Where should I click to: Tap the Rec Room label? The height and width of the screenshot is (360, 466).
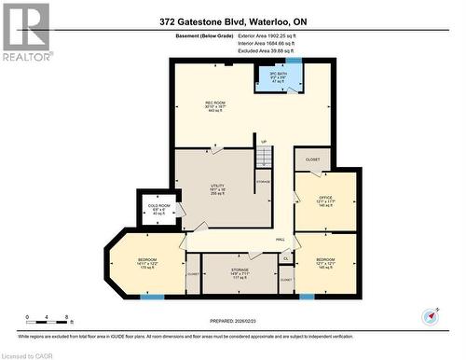pos(216,105)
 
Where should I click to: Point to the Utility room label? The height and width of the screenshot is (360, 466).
pos(216,189)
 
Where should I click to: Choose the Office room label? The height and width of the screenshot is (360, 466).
pos(324,201)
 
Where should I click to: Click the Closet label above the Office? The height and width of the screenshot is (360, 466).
pos(312,159)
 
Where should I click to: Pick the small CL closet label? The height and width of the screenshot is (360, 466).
pos(286,258)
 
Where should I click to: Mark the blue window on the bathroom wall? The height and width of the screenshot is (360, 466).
pos(294,61)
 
